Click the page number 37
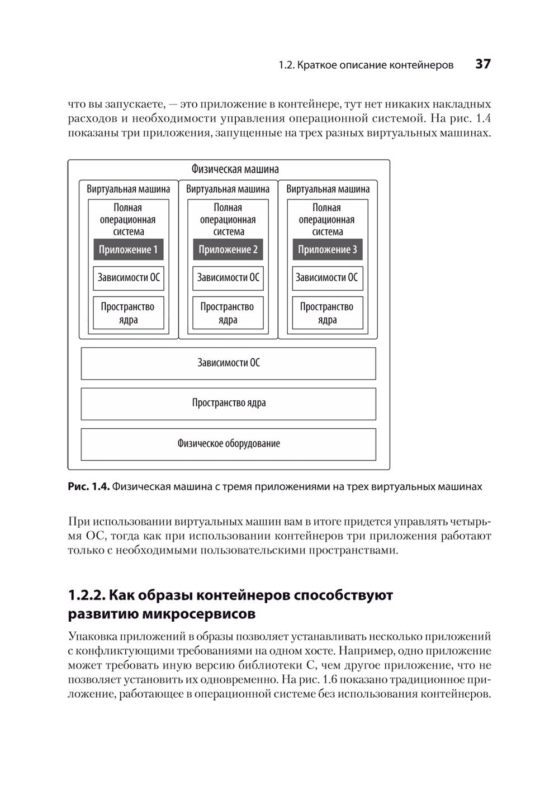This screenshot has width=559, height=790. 483,64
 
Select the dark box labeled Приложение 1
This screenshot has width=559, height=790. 129,250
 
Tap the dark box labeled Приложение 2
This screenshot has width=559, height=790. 228,250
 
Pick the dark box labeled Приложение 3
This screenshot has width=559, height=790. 328,250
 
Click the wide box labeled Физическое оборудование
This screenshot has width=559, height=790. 229,444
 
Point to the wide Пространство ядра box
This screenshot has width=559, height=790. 229,403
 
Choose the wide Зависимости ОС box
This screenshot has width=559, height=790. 229,363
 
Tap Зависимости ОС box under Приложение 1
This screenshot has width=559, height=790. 129,278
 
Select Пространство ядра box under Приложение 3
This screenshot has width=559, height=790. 328,313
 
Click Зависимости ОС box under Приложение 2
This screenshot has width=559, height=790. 228,278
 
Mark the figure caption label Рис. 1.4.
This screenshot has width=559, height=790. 88,487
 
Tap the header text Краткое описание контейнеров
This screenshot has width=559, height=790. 375,65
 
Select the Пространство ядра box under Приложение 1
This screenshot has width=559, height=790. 129,313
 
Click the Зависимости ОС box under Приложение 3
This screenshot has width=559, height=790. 328,278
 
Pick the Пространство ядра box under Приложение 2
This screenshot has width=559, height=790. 228,313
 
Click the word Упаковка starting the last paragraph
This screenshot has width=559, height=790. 90,636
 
